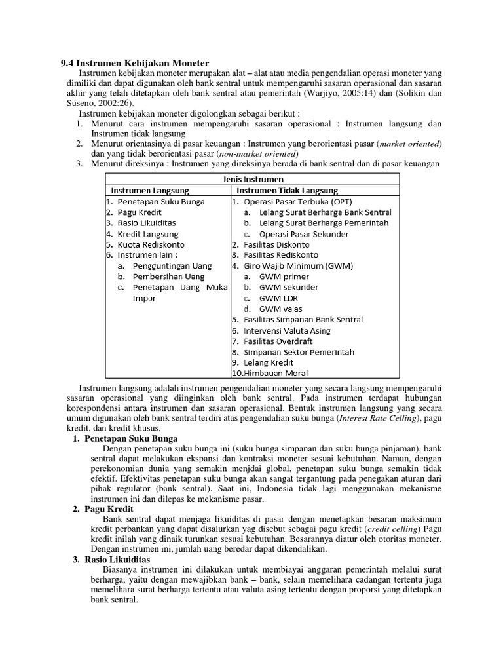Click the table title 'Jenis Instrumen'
[x=251, y=179]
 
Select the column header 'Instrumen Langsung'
[x=150, y=191]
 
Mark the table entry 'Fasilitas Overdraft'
[x=276, y=341]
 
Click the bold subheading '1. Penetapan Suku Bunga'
[x=124, y=438]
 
